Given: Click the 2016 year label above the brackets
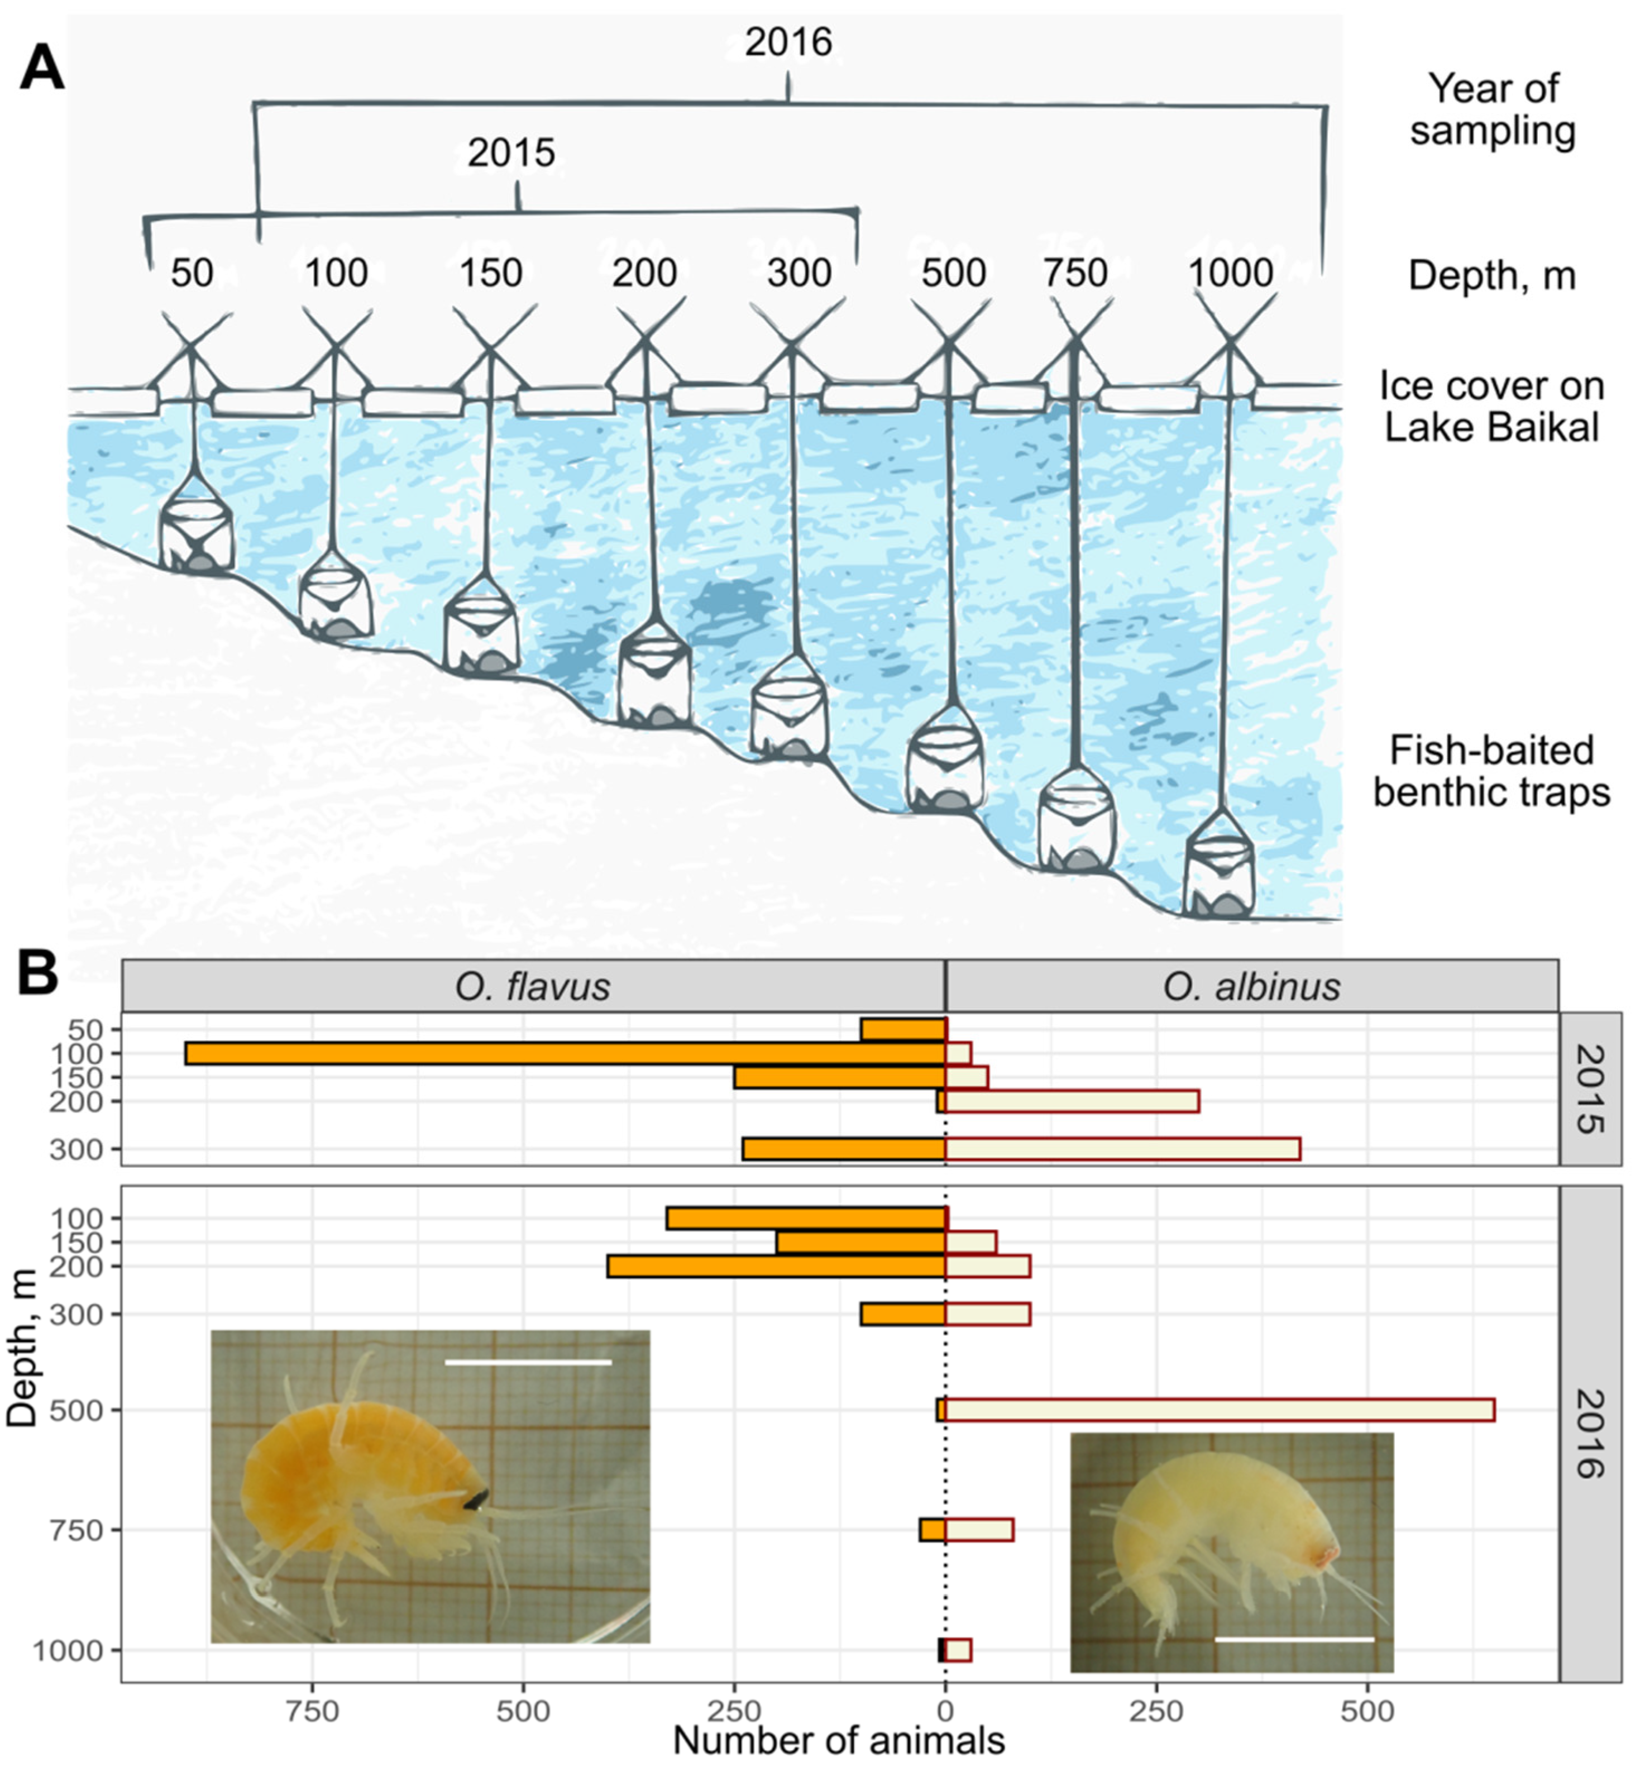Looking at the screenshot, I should (x=788, y=42).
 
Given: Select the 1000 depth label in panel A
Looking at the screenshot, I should (x=1230, y=273).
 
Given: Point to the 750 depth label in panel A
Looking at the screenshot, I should (x=1075, y=273).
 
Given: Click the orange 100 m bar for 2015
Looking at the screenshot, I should (x=565, y=1053).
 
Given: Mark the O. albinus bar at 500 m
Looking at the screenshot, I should (x=1220, y=1410).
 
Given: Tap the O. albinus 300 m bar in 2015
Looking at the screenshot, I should (x=1122, y=1149).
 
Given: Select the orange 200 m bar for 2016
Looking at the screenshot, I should (x=776, y=1267).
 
